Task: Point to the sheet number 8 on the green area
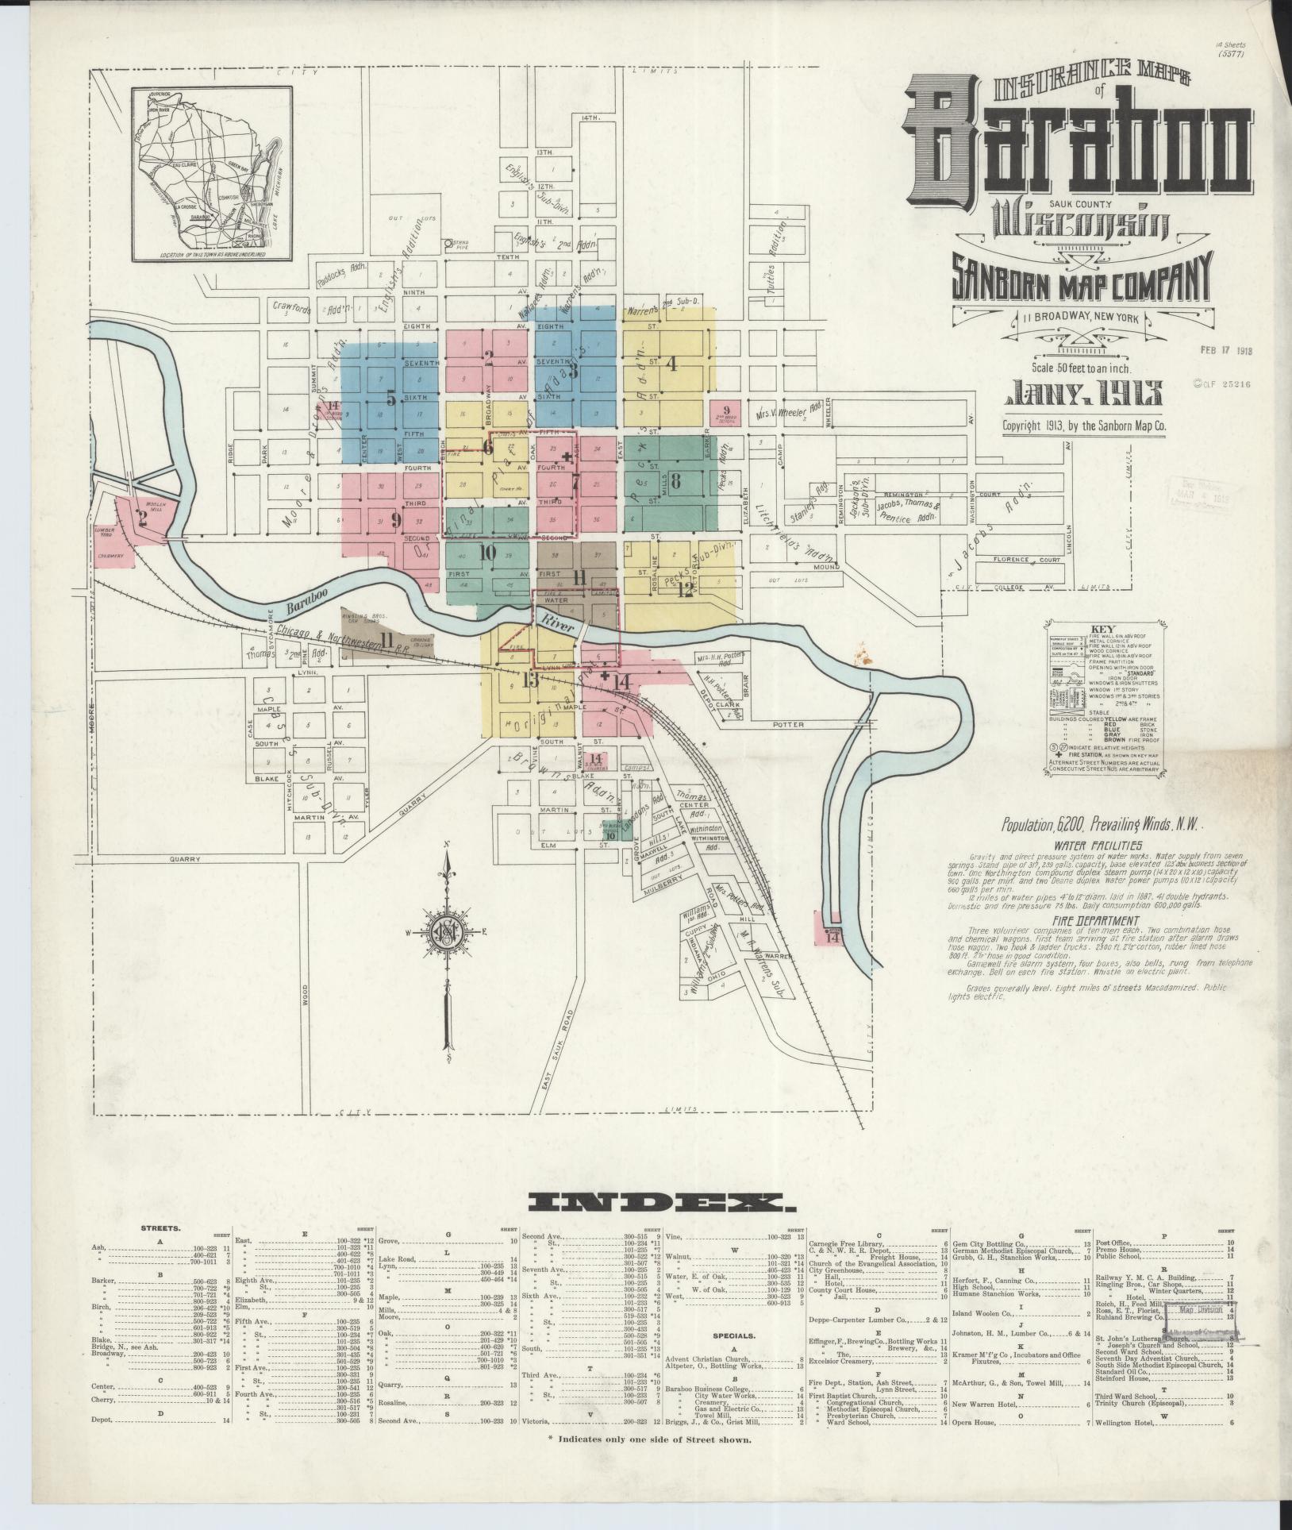[675, 480]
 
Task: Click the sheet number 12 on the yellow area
[684, 590]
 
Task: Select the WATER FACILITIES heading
[1097, 845]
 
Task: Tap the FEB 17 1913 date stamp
[1225, 350]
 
